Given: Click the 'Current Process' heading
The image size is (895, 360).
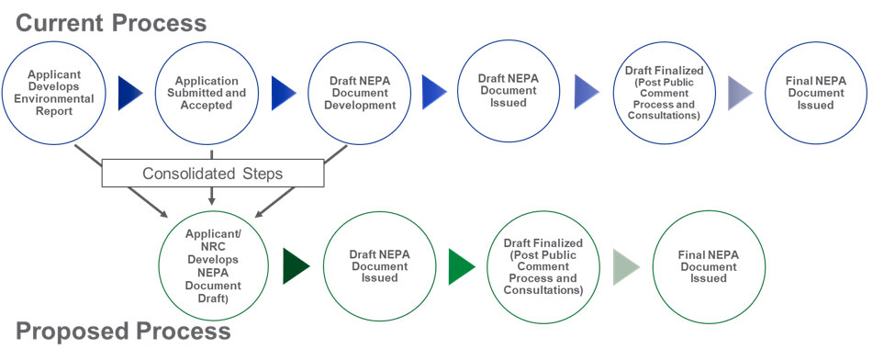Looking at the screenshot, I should pos(110,21).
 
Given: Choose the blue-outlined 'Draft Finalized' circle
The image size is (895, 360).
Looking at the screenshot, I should pos(665,93).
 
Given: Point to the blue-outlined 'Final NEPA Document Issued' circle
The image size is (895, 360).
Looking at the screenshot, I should pos(816,93).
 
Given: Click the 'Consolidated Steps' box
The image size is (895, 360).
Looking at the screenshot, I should pos(213,173).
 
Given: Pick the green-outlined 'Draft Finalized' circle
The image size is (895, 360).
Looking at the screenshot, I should pos(543,266).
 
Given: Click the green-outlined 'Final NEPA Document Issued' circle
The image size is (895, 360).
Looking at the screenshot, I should pos(708,266).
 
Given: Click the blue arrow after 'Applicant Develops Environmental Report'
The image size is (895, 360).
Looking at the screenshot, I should pos(131,93).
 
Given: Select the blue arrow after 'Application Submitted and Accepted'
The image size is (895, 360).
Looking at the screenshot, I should pos(284,93).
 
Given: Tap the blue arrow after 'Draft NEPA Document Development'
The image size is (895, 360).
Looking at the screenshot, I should pos(433,93).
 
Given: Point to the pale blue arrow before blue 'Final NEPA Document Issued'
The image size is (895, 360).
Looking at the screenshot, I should pos(740,93).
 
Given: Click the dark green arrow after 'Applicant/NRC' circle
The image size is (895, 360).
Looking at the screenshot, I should pos(296,266).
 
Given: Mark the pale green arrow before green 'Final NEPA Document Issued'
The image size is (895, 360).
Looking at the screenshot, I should pos(627,266).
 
